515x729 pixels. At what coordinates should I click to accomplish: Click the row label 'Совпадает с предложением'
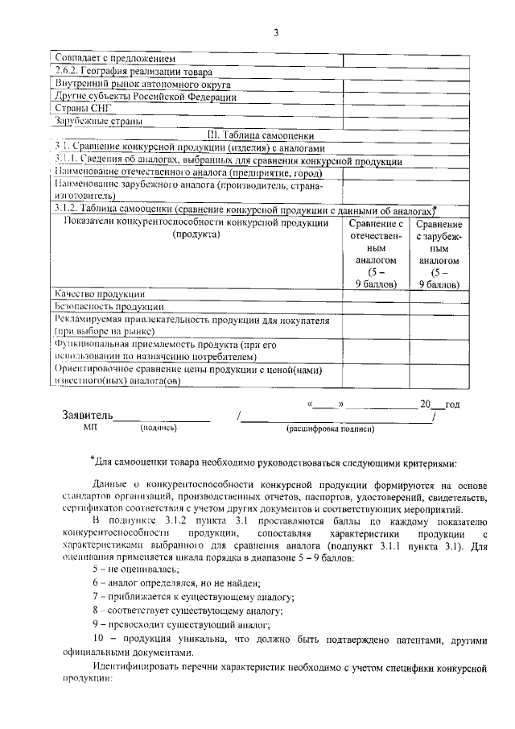113,59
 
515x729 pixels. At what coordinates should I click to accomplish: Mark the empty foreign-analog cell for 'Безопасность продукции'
439,307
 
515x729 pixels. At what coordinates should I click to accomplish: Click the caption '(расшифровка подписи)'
331,429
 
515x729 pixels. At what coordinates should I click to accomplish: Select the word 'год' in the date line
451,403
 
